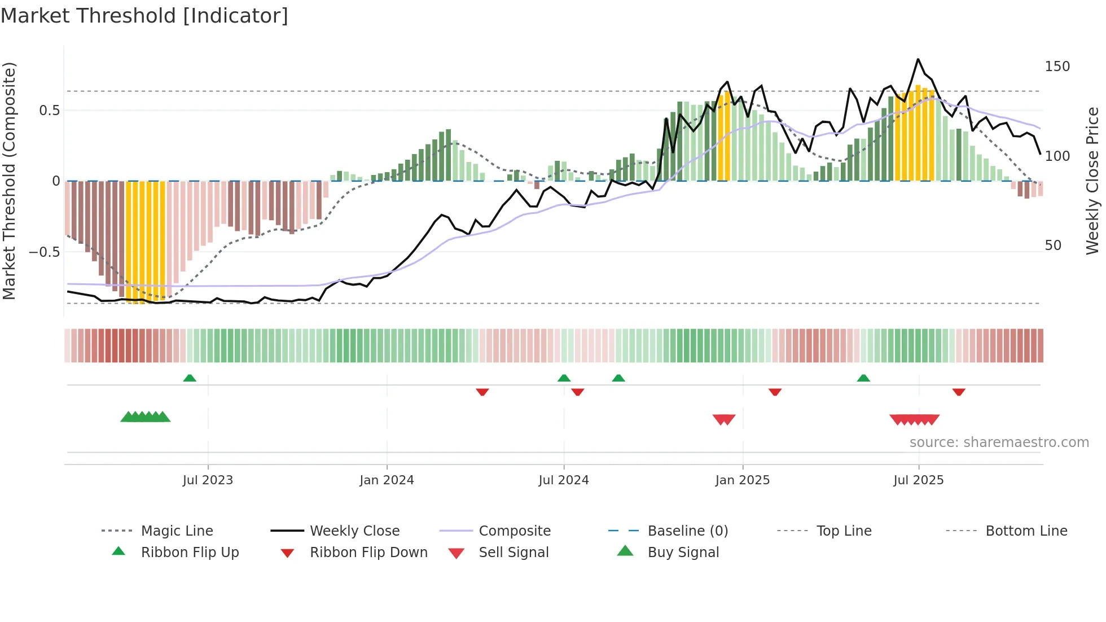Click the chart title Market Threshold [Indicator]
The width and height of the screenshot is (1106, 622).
pos(144,16)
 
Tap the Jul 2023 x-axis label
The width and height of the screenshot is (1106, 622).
pos(208,480)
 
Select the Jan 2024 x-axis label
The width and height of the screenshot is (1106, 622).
pos(387,480)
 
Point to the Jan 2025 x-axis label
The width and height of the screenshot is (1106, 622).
pos(742,480)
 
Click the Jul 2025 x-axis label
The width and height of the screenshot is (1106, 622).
pos(918,480)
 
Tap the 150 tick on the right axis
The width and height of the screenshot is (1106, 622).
pos(1057,67)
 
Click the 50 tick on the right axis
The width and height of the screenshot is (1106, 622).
pos(1053,246)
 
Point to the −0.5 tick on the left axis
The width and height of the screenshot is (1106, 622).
pos(45,252)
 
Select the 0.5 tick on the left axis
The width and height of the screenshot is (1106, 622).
pos(50,111)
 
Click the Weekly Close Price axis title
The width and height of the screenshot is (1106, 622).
pos(1092,181)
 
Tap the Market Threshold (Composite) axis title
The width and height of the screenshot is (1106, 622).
pos(9,181)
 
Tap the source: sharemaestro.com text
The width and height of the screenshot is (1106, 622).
pos(999,443)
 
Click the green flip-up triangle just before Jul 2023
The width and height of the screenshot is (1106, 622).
pos(190,378)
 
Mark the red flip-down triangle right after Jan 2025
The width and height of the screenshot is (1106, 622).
pos(775,392)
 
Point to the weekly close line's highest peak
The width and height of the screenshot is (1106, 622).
pos(918,59)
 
